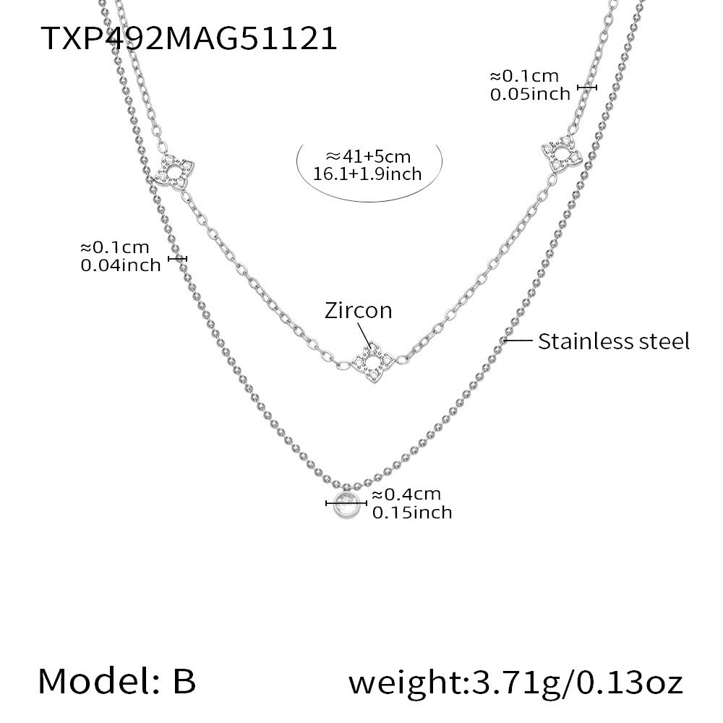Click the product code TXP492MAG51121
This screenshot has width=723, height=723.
point(189,38)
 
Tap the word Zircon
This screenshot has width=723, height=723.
point(359,310)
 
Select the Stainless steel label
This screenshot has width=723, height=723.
point(614,342)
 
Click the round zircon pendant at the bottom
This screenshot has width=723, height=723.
point(346,505)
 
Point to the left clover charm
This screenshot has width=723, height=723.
point(174,171)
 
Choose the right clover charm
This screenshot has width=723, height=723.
point(562,155)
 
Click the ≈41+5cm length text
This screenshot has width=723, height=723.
point(368,157)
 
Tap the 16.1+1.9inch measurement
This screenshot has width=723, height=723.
point(367,174)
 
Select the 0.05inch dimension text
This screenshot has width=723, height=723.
point(530,95)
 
